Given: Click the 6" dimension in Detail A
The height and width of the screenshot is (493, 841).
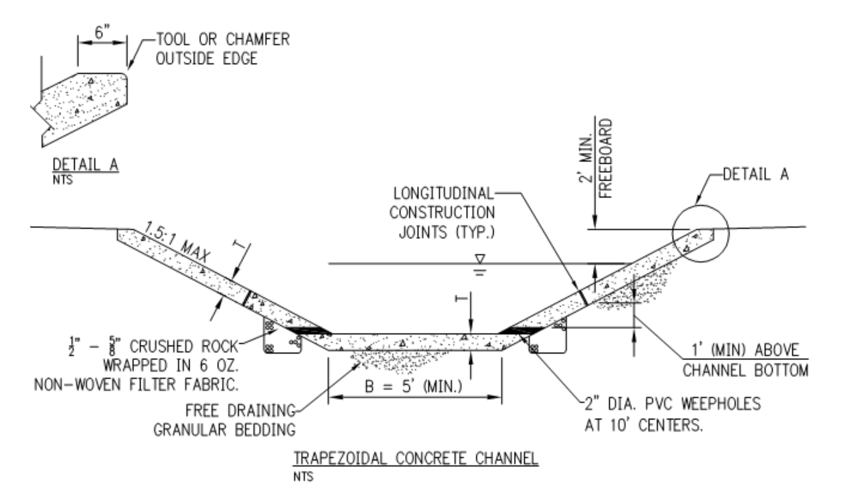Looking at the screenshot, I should coord(102,32).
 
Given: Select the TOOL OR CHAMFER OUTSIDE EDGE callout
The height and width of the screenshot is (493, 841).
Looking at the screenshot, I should coord(222,49).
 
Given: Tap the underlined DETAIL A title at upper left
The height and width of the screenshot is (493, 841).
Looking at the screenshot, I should coord(85,165).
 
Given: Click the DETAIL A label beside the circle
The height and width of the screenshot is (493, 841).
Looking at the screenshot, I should coord(755,174).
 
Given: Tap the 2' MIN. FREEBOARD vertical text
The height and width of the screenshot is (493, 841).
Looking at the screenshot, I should coord(598,159).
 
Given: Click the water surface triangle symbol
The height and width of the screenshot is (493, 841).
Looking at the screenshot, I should coord(479,259).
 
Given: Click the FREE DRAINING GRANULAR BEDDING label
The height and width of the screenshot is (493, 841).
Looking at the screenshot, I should coord(225,420).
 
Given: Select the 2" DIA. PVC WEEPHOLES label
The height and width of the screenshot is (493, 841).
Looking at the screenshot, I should coord(672,414).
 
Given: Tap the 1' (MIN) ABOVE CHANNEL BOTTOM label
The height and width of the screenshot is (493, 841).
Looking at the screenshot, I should coord(745,360).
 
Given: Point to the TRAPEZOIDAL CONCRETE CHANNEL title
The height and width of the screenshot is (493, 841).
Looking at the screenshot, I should coord(415,458).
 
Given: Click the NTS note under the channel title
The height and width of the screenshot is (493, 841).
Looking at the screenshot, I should coord(303,477).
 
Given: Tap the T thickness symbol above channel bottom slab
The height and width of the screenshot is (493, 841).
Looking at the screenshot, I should coord(460,298).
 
